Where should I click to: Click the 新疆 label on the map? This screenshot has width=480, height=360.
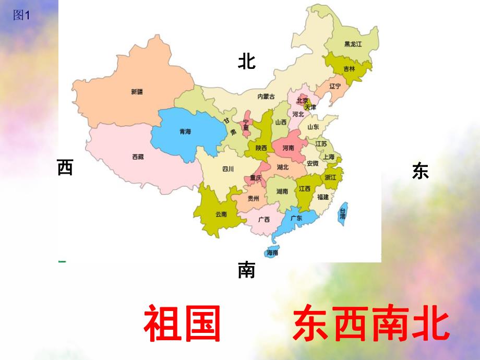point(137,92)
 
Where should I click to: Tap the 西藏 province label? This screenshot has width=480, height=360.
point(138,157)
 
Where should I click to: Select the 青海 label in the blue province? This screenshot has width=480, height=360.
point(185,132)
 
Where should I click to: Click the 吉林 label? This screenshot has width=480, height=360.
point(349,69)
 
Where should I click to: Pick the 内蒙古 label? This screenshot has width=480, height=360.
point(266,96)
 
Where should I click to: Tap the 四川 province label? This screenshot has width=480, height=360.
point(227,169)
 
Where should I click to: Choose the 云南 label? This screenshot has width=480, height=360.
point(221,214)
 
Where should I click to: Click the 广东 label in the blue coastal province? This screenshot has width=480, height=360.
point(296,218)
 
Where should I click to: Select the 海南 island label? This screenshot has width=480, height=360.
point(272,253)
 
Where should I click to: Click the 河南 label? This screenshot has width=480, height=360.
point(288,148)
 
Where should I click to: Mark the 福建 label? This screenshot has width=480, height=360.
point(323,197)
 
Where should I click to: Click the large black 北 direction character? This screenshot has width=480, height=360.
point(247,62)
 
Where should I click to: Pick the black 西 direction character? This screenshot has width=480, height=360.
point(65,168)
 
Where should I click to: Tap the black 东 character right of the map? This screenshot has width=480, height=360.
point(420,171)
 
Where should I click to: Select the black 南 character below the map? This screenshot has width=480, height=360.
point(246,270)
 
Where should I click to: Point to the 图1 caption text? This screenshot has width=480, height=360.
point(22,16)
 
